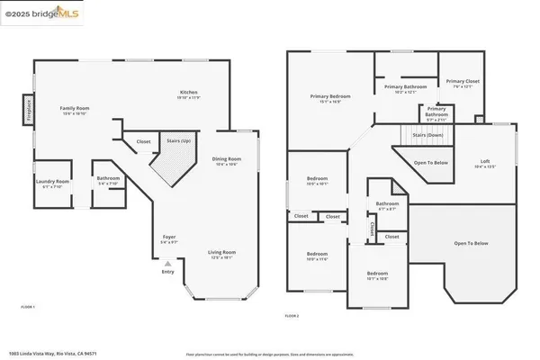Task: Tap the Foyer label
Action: (x=167, y=239)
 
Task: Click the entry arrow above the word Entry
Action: (x=166, y=263)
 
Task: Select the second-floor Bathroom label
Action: (x=387, y=204)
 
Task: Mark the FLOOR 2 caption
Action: (x=291, y=316)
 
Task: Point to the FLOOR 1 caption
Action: (x=28, y=307)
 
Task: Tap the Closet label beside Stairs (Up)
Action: (x=143, y=141)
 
